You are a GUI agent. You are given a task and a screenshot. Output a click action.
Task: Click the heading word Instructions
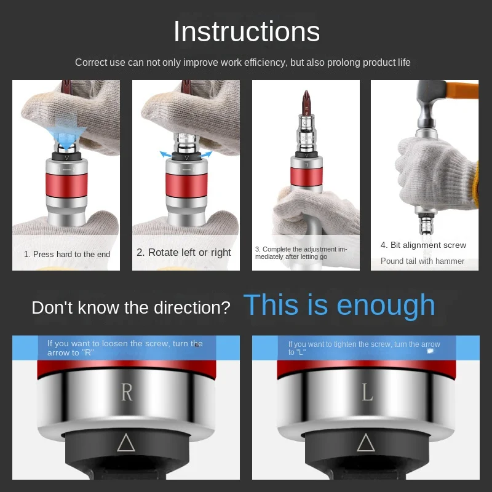246,32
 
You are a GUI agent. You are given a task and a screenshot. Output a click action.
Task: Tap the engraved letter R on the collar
127,392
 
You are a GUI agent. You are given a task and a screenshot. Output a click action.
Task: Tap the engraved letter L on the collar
367,392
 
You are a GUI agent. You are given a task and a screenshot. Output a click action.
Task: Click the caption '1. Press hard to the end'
67,254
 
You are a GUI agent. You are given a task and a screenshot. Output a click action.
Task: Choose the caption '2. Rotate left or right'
184,252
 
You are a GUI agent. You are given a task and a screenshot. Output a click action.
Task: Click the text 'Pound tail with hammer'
423,261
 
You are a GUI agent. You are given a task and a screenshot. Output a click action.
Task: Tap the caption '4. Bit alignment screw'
423,245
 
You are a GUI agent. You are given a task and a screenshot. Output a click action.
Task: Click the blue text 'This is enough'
339,305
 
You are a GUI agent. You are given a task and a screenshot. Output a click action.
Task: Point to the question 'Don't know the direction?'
131,307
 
